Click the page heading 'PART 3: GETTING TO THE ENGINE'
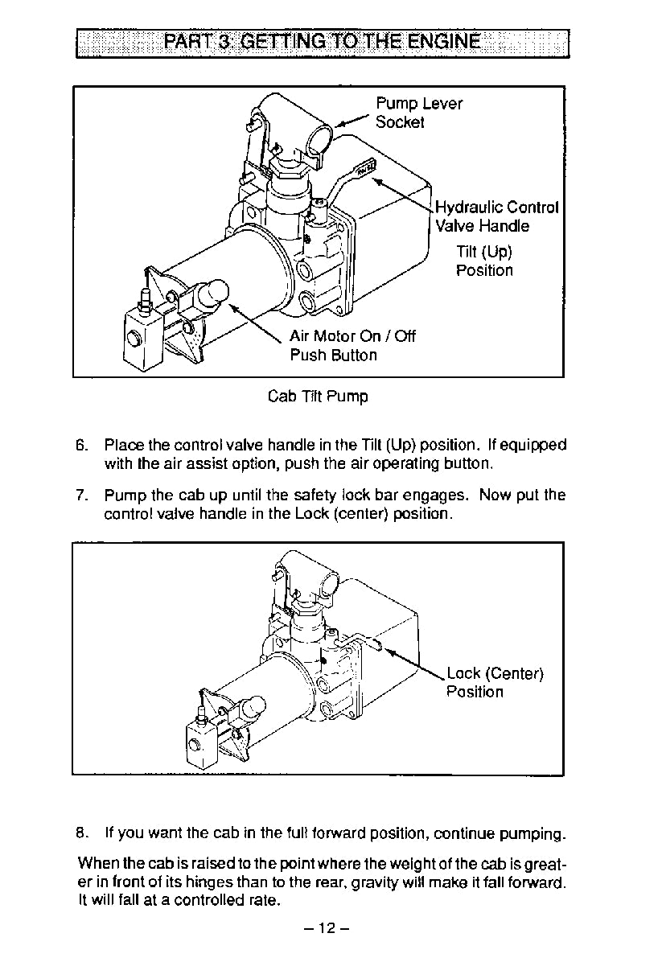tap(322, 43)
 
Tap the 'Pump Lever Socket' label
tap(418, 113)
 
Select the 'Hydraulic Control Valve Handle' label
tap(496, 216)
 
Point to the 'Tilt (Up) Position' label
tap(484, 261)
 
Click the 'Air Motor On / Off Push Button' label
tap(352, 345)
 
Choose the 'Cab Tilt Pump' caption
tap(319, 397)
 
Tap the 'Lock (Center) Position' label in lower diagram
tap(495, 682)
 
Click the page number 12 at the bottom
tap(326, 927)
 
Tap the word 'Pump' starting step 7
tap(123, 495)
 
